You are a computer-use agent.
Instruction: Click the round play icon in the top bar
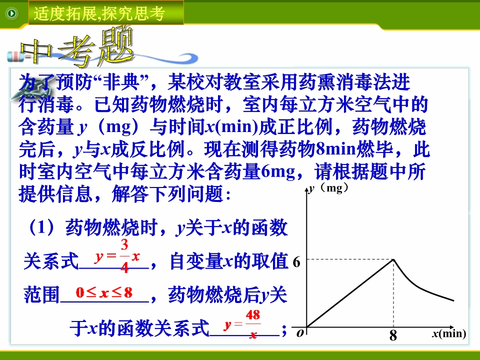(x=12, y=13)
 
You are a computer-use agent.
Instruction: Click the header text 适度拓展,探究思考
(x=99, y=13)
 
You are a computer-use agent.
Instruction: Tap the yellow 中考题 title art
(x=77, y=48)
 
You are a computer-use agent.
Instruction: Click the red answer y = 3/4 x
(x=117, y=256)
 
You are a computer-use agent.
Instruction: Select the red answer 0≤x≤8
(x=104, y=292)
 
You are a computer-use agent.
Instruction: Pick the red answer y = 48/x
(x=242, y=324)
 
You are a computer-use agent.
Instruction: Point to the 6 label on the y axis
(x=296, y=262)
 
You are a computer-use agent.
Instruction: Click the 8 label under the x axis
(x=393, y=335)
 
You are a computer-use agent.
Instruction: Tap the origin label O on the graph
(x=300, y=333)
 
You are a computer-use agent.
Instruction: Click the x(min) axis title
(x=449, y=333)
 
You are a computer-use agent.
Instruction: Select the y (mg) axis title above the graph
(x=328, y=188)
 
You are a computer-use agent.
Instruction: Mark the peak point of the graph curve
(x=393, y=259)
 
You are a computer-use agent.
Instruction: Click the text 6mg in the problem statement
(x=278, y=171)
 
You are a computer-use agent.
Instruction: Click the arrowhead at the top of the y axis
(x=306, y=189)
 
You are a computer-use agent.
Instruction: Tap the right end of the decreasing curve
(x=453, y=300)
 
